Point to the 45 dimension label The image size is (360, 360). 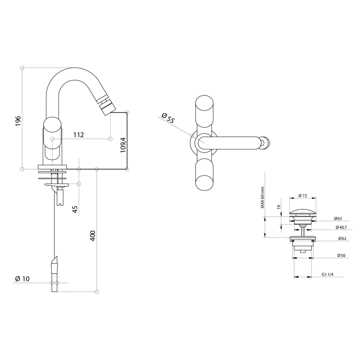pos(76,209)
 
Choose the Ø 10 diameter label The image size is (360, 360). pos(22,279)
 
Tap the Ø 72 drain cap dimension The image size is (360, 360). pos(303,196)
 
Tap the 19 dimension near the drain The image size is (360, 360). pos(279,207)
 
